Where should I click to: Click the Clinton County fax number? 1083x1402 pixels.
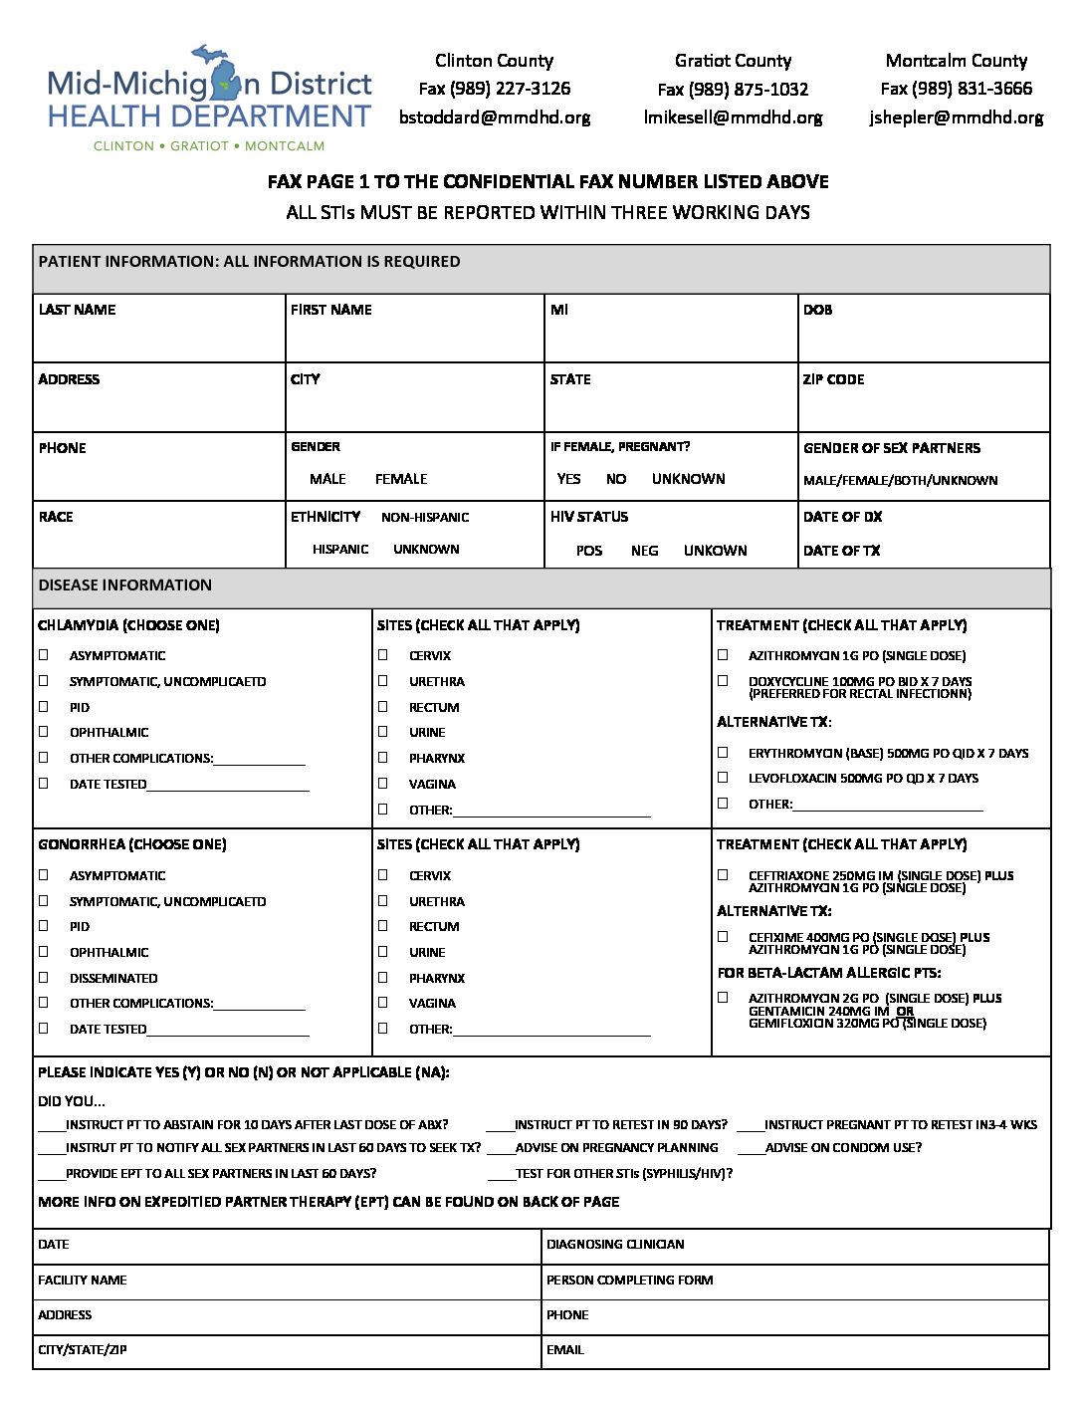click(x=495, y=89)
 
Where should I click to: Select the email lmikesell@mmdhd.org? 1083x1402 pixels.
click(x=733, y=117)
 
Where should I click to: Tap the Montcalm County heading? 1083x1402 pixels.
click(x=956, y=61)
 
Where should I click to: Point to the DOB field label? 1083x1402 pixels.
click(x=817, y=310)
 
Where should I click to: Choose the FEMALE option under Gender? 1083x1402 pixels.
click(x=401, y=479)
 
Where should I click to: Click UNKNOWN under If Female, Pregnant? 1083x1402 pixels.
click(x=688, y=479)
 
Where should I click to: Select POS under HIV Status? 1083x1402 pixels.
click(x=589, y=551)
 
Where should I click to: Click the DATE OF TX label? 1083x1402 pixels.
click(x=842, y=551)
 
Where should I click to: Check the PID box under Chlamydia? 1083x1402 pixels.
click(x=44, y=706)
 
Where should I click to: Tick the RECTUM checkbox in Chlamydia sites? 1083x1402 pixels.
click(x=383, y=706)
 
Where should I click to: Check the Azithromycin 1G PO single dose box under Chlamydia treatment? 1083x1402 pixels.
click(x=724, y=655)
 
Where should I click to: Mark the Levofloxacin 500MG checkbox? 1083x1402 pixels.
click(x=724, y=778)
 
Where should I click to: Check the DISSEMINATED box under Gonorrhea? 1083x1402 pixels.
click(x=44, y=977)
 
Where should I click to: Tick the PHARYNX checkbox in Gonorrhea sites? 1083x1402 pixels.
click(x=383, y=977)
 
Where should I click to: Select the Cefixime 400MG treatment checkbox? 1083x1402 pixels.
click(x=724, y=937)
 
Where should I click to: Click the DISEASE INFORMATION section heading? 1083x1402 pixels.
click(x=125, y=585)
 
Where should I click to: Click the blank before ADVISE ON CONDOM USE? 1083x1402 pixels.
click(x=751, y=1149)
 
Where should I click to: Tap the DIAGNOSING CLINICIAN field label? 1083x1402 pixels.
click(x=615, y=1245)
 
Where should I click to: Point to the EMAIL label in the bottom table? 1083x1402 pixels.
click(x=565, y=1350)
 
